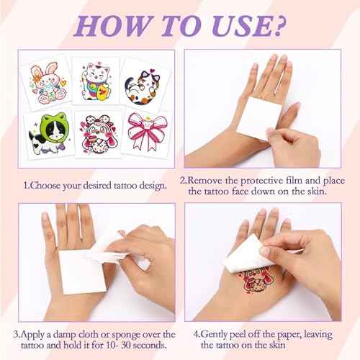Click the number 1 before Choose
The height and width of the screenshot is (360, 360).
pyautogui.click(x=27, y=185)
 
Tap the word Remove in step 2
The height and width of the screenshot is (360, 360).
pyautogui.click(x=207, y=179)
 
